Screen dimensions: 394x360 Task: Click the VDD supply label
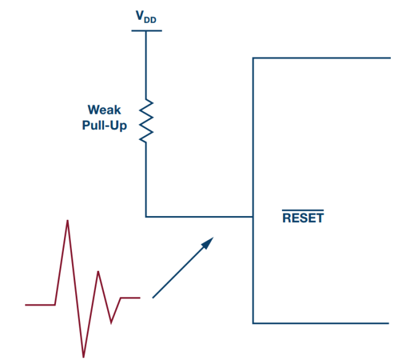coord(146,17)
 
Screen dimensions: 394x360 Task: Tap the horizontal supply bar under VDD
coord(147,31)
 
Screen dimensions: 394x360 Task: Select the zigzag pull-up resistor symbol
coord(147,121)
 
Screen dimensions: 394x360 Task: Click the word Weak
coord(104,110)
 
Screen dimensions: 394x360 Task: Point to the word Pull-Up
coord(105,125)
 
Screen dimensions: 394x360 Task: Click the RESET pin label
coord(303,218)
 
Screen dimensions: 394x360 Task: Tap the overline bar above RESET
coord(303,210)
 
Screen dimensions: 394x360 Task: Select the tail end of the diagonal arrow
coord(153,298)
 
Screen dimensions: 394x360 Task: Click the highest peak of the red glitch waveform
coord(67,220)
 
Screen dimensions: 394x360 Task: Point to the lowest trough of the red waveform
coord(84,357)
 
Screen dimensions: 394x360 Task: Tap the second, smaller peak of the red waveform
coord(98,271)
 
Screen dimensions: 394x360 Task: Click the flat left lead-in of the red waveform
coord(40,305)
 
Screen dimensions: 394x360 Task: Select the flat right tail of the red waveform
coord(131,298)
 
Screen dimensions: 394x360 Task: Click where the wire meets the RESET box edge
coord(253,217)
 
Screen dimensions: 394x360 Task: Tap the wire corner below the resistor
coord(146,217)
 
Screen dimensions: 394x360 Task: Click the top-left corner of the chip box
coord(253,58)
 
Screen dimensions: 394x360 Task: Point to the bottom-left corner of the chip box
coord(253,323)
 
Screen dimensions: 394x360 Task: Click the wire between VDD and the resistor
coord(146,65)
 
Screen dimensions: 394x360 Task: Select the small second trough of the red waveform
coord(111,323)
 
